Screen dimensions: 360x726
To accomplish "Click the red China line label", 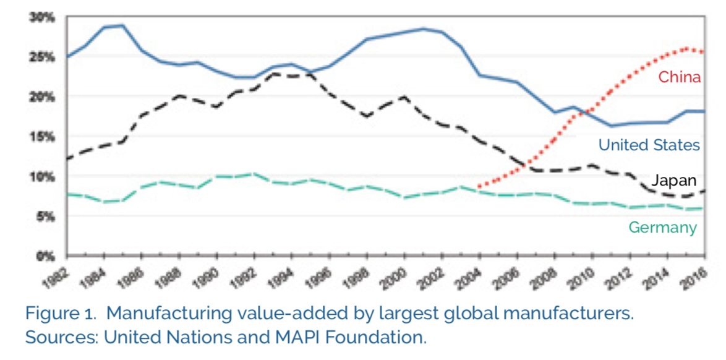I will (x=679, y=77).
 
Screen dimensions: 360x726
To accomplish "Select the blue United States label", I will (x=649, y=145).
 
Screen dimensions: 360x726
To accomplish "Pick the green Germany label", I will (x=662, y=228).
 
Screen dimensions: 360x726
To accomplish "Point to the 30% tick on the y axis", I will (x=43, y=18).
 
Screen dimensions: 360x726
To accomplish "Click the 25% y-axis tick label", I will (x=43, y=58).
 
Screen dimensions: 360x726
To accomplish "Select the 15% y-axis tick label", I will (x=43, y=137).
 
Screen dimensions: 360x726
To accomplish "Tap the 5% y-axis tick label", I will (x=46, y=216).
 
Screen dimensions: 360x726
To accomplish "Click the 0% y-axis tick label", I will (x=46, y=255).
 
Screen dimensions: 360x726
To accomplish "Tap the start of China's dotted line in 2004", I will (x=479, y=186).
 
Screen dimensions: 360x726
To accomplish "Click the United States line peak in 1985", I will (x=122, y=25).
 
